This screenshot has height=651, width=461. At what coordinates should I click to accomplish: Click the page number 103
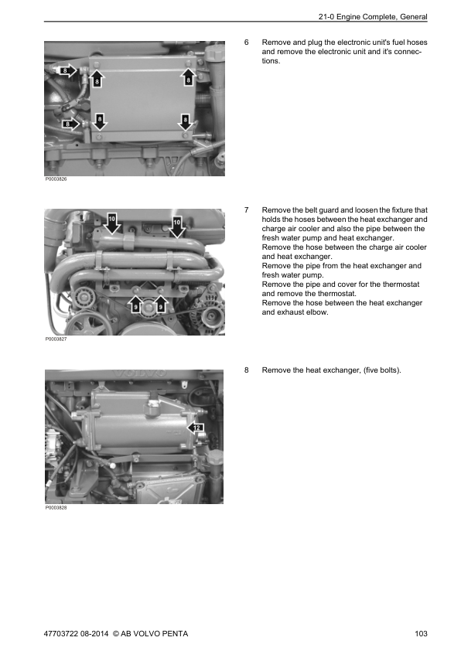pos(421,633)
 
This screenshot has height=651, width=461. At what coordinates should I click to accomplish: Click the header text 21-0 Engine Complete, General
pos(373,17)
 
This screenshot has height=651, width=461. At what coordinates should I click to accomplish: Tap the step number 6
pos(246,43)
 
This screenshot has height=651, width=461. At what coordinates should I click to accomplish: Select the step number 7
pos(246,210)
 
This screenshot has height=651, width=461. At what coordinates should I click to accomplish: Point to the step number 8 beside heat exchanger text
pos(246,370)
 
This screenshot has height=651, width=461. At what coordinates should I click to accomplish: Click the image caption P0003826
pos(56,179)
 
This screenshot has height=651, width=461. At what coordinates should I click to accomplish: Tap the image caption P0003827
pos(56,339)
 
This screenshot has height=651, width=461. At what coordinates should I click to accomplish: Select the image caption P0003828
pos(56,508)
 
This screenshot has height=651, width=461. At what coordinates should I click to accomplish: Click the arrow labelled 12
pos(196,428)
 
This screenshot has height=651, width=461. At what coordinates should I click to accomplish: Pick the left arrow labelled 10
pos(111,223)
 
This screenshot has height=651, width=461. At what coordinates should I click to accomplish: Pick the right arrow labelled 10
pos(177,227)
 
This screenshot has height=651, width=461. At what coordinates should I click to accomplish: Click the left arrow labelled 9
pos(136,305)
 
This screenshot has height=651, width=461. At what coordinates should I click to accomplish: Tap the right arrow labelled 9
pos(160,305)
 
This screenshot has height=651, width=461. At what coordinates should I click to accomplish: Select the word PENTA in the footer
pos(175,633)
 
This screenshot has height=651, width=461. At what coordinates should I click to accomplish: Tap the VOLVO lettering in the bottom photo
pos(139,373)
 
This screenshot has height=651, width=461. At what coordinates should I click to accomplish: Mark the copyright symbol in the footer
pos(116,633)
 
